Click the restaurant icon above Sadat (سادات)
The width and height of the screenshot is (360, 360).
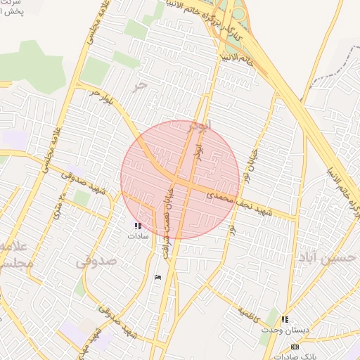click(137, 226)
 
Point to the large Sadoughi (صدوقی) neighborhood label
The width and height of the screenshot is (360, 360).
click(96, 262)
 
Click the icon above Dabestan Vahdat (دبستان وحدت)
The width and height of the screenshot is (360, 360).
click(285, 319)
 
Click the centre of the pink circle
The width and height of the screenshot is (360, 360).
click(180, 179)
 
